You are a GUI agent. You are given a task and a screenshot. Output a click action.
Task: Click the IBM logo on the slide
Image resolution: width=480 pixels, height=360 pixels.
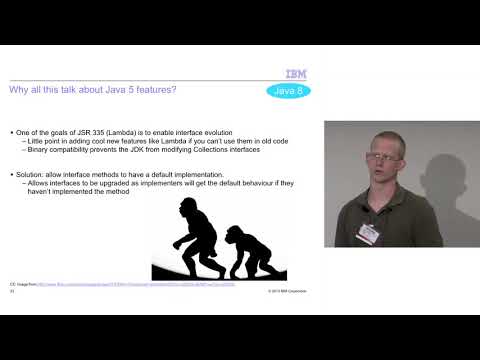(296, 73)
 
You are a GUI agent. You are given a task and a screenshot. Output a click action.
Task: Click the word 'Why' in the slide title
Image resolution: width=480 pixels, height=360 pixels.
(18, 91)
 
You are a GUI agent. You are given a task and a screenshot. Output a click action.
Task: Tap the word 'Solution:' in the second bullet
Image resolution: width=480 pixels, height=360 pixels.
(30, 174)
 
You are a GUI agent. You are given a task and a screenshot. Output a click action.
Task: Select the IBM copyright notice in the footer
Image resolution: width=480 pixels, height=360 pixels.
(287, 291)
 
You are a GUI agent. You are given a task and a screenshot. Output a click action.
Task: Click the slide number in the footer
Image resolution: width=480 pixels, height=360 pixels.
(11, 291)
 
